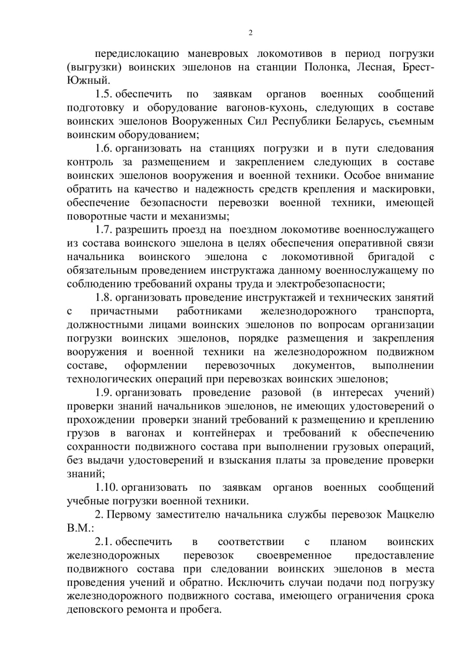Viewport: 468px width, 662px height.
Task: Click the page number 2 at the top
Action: (x=251, y=33)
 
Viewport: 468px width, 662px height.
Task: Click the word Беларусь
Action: (x=379, y=121)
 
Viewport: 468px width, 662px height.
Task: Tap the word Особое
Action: (x=362, y=175)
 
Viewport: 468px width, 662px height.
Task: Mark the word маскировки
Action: (x=404, y=189)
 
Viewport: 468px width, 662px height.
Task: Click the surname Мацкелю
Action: (x=411, y=515)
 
